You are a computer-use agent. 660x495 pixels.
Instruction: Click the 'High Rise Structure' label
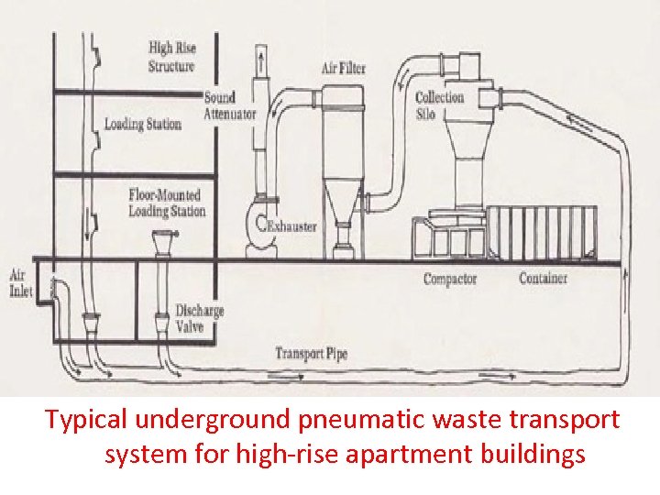(171, 57)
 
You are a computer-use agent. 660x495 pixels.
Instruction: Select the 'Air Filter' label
(343, 68)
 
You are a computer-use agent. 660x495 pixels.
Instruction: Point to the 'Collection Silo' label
(439, 105)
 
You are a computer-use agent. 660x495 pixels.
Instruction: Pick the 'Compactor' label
(449, 279)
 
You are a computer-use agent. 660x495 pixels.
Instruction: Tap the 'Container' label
(543, 278)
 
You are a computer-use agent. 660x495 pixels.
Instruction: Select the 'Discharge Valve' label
(199, 316)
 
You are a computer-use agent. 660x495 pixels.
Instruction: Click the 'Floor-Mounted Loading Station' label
(167, 203)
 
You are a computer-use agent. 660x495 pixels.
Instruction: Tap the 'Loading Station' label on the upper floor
(142, 124)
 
